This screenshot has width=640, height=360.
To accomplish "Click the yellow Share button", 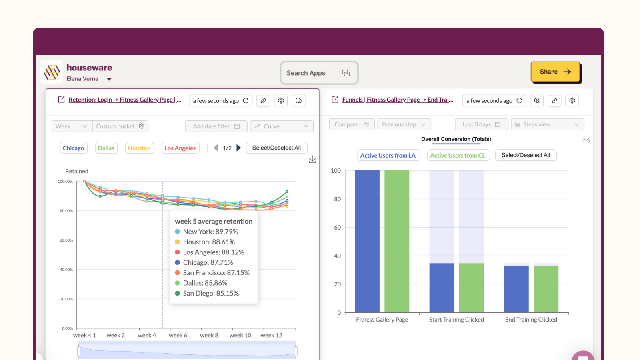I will tap(555, 72).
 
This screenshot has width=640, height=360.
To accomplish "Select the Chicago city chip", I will tap(73, 148).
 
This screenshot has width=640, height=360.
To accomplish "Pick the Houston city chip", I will tap(139, 148).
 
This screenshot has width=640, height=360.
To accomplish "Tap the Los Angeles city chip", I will tap(180, 148).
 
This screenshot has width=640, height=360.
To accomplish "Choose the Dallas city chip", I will tap(106, 148).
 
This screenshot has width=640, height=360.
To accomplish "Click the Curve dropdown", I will tap(282, 126).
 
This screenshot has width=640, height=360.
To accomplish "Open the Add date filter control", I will tap(216, 126).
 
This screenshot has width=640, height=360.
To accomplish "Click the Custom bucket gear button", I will tap(142, 126).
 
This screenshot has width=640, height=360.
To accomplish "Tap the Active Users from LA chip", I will tap(388, 155).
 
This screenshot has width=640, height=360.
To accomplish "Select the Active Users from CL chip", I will tap(458, 155).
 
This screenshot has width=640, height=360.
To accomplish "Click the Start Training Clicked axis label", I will tap(456, 320).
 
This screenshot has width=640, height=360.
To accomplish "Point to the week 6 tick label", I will tap(178, 335).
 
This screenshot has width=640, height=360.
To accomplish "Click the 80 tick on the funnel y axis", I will tap(337, 199).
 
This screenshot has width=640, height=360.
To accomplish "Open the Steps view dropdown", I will tap(547, 124).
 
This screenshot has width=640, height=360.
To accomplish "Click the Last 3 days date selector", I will tap(481, 124).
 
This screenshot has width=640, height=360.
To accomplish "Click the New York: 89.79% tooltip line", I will tap(210, 232).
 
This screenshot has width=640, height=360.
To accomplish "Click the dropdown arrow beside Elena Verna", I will tap(109, 79).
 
